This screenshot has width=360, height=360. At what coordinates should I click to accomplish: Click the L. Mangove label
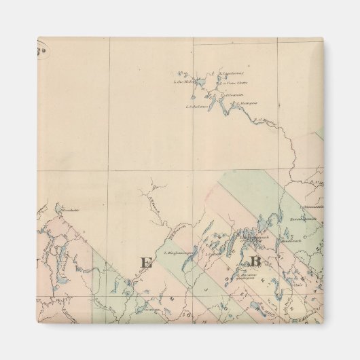[245, 103]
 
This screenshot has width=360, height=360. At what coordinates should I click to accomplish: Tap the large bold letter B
[256, 262]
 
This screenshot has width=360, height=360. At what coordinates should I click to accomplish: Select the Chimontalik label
[313, 206]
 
